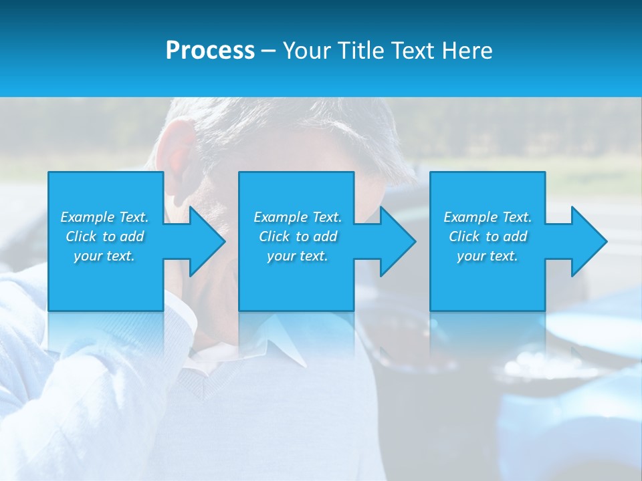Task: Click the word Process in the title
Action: [210, 51]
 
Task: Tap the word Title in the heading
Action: [362, 51]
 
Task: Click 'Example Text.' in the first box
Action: [104, 217]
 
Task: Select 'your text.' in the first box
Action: [104, 256]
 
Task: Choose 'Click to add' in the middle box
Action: [298, 236]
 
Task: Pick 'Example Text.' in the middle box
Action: [298, 217]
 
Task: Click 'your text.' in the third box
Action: [488, 256]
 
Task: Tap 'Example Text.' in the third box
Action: [488, 217]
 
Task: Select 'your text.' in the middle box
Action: [298, 256]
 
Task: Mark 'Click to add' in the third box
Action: [488, 236]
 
